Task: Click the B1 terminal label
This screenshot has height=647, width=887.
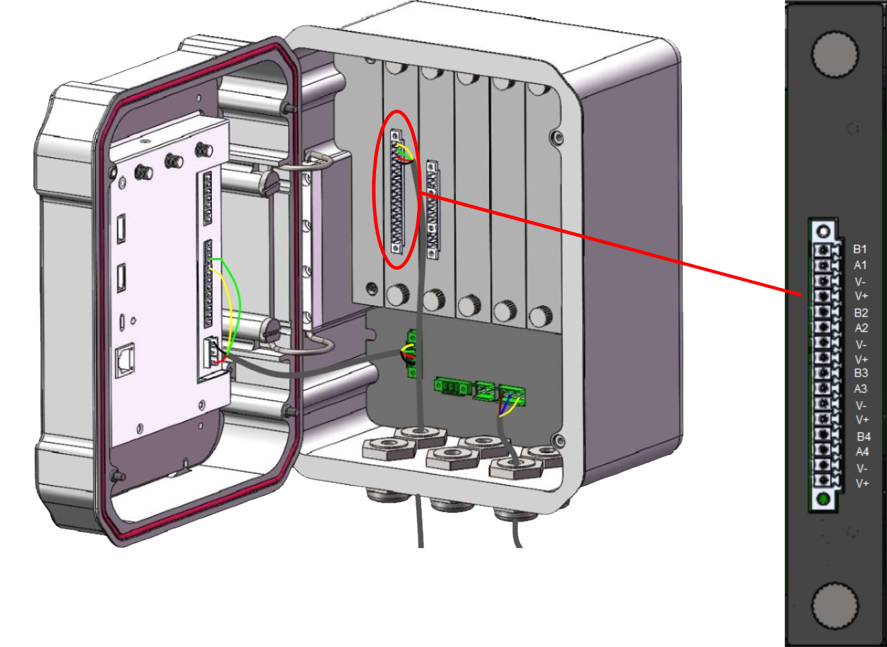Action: click(x=860, y=249)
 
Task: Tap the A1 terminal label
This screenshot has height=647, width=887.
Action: click(x=860, y=265)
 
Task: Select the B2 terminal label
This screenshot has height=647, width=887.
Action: click(x=861, y=313)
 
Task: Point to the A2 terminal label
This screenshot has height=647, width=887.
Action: click(x=861, y=328)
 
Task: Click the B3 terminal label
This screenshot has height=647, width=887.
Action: click(x=861, y=373)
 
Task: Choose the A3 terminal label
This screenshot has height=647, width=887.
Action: click(x=860, y=389)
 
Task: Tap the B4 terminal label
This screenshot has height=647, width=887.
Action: click(x=864, y=437)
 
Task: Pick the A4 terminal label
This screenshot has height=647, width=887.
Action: click(x=862, y=452)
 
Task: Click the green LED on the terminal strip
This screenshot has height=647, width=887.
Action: click(x=823, y=499)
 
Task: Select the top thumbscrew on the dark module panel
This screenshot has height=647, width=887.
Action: click(x=835, y=54)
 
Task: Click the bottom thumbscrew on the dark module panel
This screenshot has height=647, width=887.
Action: click(x=835, y=605)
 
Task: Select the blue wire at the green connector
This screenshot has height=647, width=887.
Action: click(x=506, y=402)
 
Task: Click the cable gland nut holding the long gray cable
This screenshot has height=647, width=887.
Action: click(x=420, y=437)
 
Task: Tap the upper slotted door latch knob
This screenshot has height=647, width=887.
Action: click(x=270, y=183)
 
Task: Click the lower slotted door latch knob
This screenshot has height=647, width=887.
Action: click(x=270, y=330)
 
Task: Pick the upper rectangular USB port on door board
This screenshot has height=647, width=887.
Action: click(x=121, y=228)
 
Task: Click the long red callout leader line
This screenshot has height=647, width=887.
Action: click(x=612, y=244)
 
